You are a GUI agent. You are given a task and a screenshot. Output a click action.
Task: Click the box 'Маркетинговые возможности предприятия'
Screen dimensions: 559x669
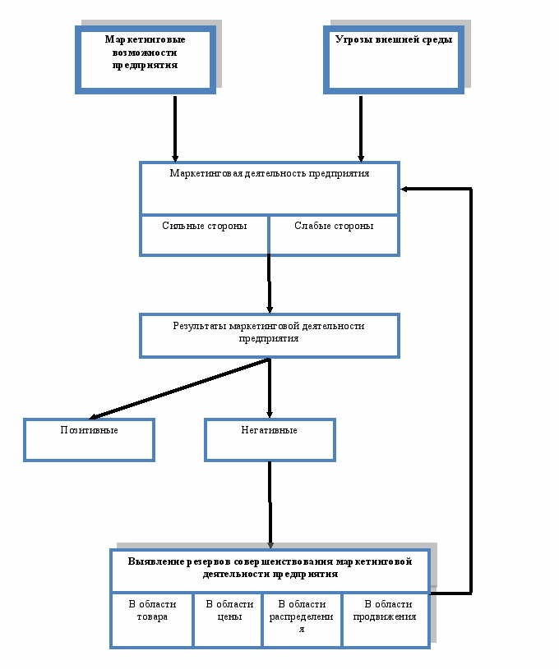146,60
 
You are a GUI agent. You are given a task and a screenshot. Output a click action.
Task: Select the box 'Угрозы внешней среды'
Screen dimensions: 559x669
394,60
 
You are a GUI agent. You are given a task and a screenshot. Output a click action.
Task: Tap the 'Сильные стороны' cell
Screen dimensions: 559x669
205,235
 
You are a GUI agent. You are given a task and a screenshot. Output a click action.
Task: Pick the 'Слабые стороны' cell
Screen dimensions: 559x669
335,235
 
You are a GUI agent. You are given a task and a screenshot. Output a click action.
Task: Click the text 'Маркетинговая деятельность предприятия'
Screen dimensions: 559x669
270,173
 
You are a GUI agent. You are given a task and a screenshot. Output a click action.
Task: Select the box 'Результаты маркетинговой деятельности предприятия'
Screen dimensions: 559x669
270,336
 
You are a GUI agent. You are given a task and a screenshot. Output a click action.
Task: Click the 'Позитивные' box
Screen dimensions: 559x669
89,440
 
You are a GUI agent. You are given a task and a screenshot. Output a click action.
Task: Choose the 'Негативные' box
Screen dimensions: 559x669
270,440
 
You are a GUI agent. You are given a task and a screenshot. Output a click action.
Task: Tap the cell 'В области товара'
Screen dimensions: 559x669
152,620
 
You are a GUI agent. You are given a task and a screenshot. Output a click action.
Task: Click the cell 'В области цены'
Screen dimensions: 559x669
229,620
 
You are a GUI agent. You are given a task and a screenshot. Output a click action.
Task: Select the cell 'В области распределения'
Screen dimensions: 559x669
303,620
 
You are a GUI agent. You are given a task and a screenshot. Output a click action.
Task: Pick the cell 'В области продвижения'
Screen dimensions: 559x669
386,620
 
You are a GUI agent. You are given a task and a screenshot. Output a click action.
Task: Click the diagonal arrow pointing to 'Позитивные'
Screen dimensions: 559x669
179,389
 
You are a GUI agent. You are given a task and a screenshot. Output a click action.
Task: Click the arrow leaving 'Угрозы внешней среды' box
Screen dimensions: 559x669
361,129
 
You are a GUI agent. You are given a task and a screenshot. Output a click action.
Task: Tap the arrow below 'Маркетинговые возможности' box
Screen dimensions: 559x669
175,129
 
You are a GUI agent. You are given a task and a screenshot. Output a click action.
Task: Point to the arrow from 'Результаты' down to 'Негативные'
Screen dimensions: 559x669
270,387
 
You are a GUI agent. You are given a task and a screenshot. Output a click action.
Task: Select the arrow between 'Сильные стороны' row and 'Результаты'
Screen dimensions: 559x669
270,284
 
